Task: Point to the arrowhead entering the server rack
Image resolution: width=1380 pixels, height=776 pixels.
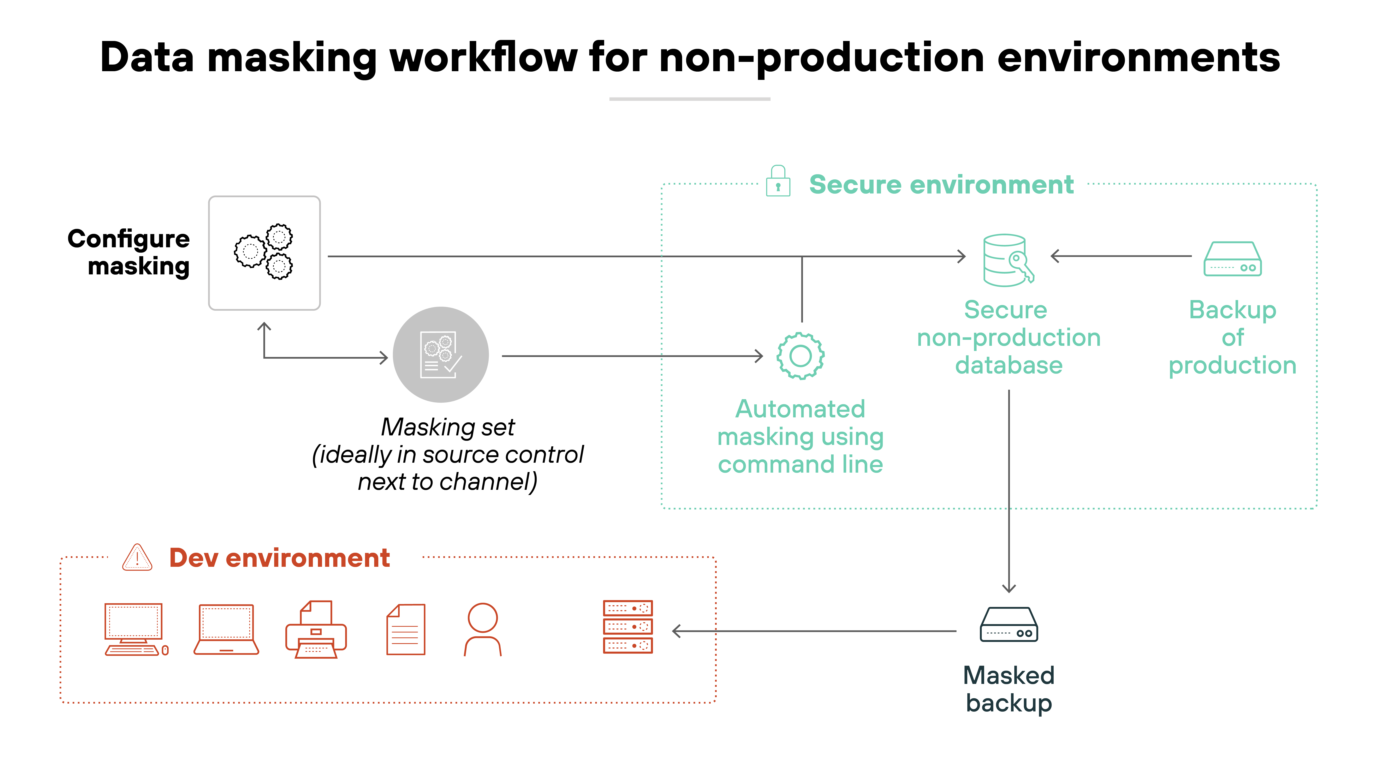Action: (676, 631)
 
